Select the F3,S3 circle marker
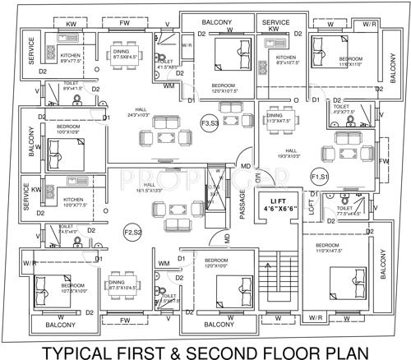point(209,122)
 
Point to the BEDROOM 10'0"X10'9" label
point(69,130)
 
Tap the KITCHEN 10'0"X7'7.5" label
point(74,201)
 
